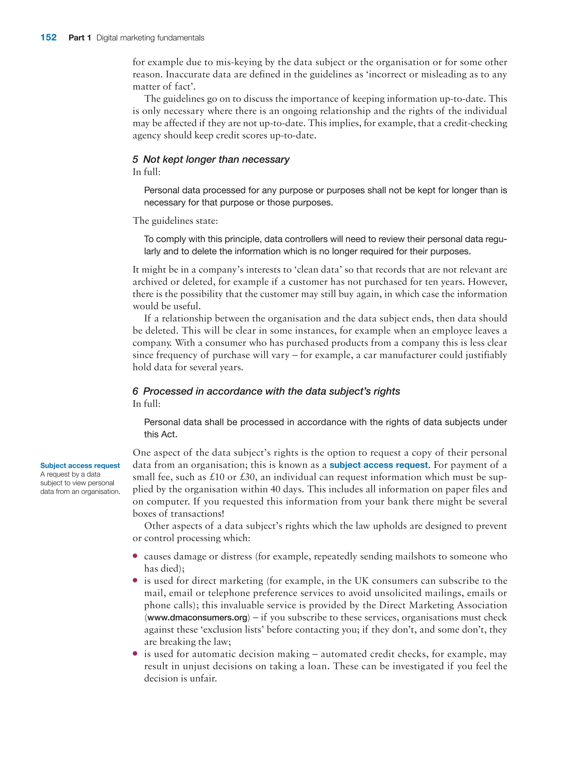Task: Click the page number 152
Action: [x=48, y=37]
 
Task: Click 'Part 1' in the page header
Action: [x=80, y=38]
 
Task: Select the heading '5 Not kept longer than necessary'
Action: [x=211, y=159]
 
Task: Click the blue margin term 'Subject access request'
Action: [x=80, y=465]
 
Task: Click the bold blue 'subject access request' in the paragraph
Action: [x=379, y=465]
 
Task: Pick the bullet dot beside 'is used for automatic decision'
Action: [x=135, y=653]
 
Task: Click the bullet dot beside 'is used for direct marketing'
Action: [x=135, y=580]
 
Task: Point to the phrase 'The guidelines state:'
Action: [x=175, y=221]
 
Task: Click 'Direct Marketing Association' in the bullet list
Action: [x=443, y=605]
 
